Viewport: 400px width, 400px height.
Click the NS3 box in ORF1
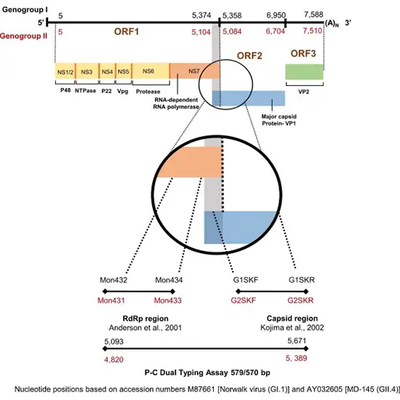87,71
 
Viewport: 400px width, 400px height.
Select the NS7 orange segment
193,71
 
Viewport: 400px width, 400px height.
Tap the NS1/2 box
65,71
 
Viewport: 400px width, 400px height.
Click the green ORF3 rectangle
304,72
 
